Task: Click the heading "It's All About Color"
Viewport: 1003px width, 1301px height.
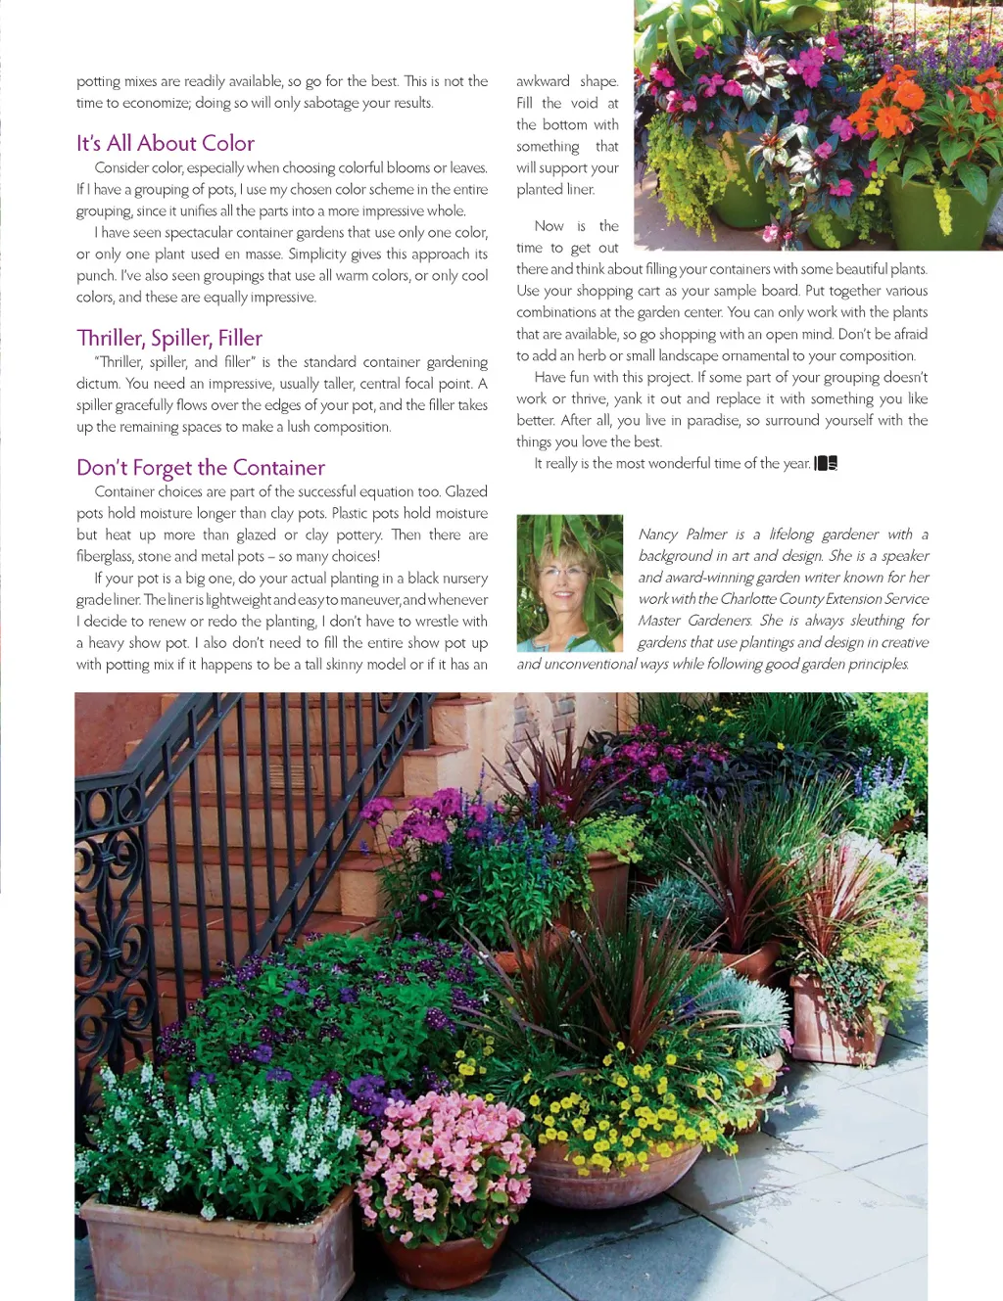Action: coord(166,143)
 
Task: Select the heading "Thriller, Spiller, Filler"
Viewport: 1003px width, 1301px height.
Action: coord(169,338)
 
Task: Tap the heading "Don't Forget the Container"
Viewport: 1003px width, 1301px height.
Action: coord(201,468)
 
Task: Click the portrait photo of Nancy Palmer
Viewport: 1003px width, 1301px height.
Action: coord(569,582)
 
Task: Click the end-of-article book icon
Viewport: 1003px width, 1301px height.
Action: coord(827,463)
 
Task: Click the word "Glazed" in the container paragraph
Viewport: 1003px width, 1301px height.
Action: coord(465,491)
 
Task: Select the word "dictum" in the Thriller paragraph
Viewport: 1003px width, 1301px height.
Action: coord(97,384)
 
